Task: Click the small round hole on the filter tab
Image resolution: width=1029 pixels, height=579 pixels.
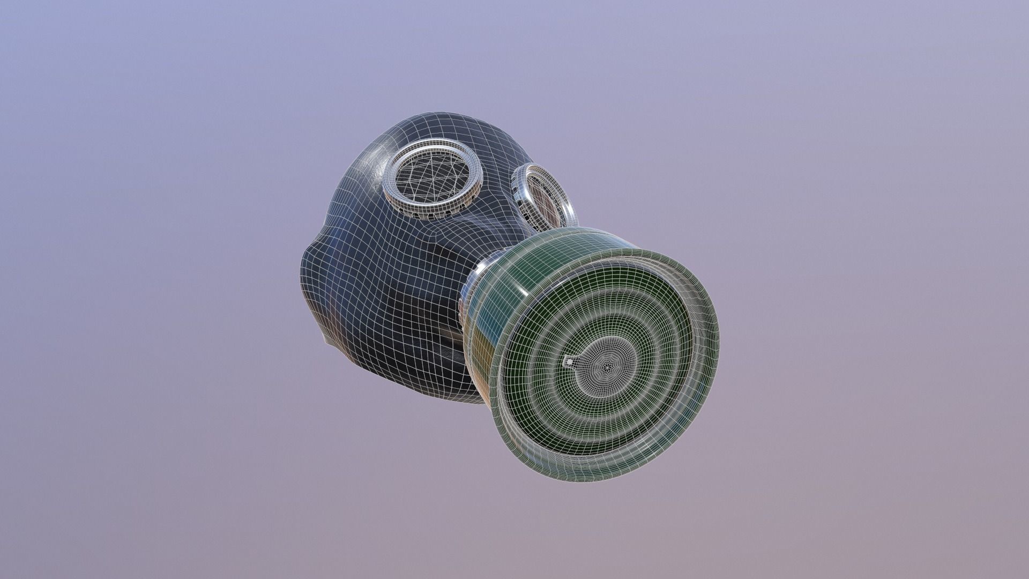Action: [x=569, y=363]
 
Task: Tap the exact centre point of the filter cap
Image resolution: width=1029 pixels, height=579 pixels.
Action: [x=608, y=366]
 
